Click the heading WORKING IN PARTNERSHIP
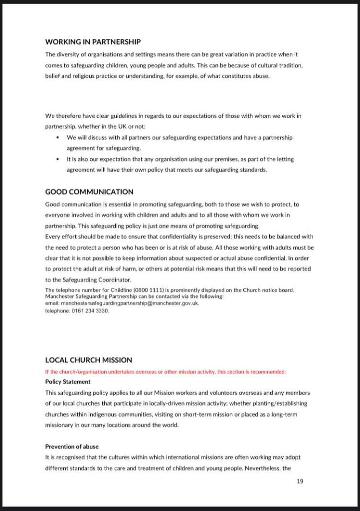pos(93,42)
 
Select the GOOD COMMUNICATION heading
pos(89,192)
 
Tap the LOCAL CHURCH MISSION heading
pos(89,359)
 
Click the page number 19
pos(300,481)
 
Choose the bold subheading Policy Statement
pos(68,382)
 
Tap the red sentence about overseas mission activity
pos(166,372)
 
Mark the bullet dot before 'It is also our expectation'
pos(58,159)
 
